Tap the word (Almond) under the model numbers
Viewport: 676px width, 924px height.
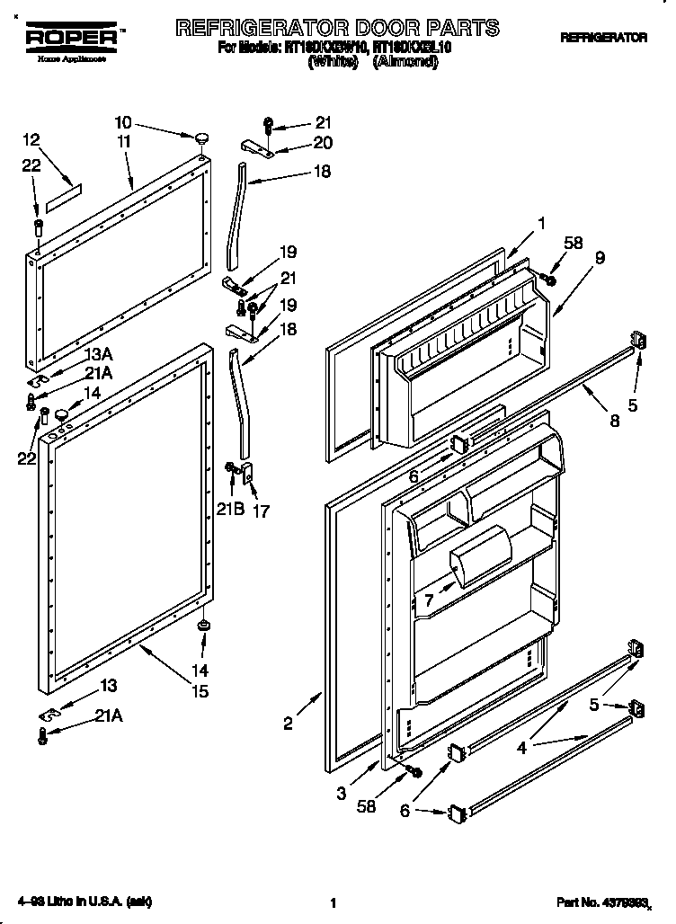click(407, 63)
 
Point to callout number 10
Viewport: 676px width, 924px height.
click(123, 123)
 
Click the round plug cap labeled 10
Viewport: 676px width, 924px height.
click(201, 138)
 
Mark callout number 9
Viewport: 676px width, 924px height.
click(600, 257)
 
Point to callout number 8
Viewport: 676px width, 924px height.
click(614, 419)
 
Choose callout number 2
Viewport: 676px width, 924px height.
click(288, 724)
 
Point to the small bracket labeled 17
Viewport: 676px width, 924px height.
click(250, 471)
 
